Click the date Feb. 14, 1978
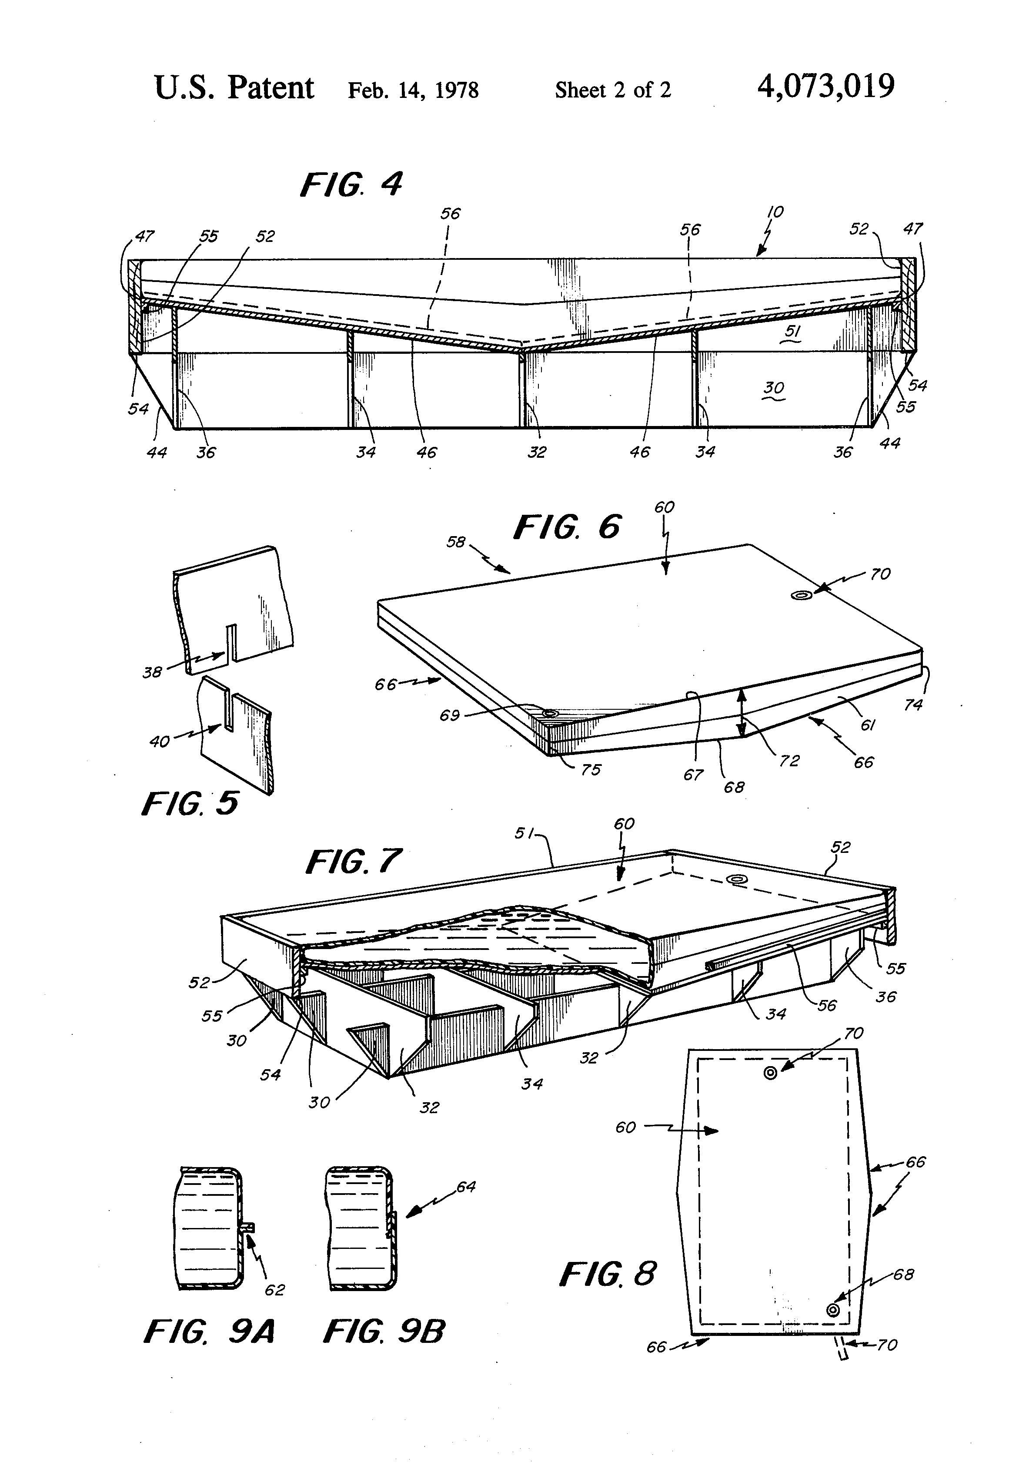click(x=413, y=90)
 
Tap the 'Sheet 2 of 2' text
click(x=612, y=90)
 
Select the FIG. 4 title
click(x=351, y=185)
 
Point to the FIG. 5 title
click(x=190, y=803)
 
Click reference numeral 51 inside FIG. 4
click(x=793, y=331)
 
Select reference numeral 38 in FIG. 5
click(x=152, y=672)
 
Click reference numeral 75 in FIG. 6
click(x=591, y=770)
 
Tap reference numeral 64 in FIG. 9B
click(x=466, y=1187)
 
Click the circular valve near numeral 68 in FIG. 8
click(x=832, y=1309)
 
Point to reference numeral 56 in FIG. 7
click(x=827, y=1006)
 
